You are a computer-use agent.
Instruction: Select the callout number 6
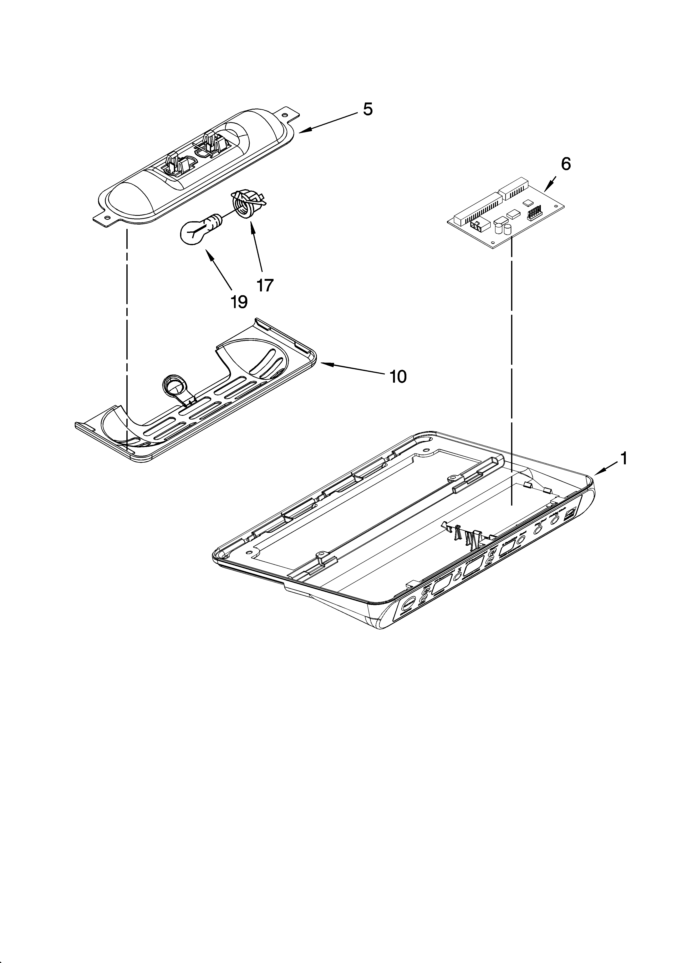point(566,164)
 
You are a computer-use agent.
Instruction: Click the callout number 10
point(398,376)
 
